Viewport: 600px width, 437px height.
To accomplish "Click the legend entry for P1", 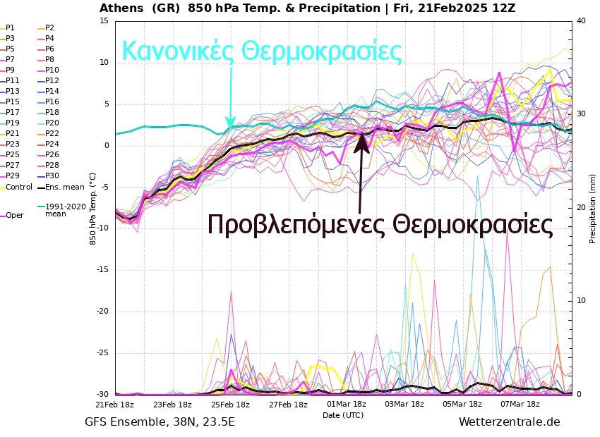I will coord(10,27).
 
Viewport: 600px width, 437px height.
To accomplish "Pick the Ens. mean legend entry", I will coord(64,187).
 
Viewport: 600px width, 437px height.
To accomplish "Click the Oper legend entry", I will coord(14,215).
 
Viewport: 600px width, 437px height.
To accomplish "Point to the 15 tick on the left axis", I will coord(103,20).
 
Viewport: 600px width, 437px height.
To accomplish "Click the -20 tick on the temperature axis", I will coord(101,312).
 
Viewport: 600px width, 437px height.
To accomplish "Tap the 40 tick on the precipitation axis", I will coord(581,20).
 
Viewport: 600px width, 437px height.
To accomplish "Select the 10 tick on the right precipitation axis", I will coord(581,301).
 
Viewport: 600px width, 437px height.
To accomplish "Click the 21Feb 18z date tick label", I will coord(114,405).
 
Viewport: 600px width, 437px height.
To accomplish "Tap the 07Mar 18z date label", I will coord(520,405).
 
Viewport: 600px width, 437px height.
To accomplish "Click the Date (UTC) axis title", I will coord(343,415).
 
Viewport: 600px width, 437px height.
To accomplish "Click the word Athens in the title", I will coord(122,8).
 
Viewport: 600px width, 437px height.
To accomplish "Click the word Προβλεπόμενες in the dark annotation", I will coord(296,225).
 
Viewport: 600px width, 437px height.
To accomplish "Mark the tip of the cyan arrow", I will coord(230,127).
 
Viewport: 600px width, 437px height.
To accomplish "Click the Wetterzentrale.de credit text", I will coord(509,422).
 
